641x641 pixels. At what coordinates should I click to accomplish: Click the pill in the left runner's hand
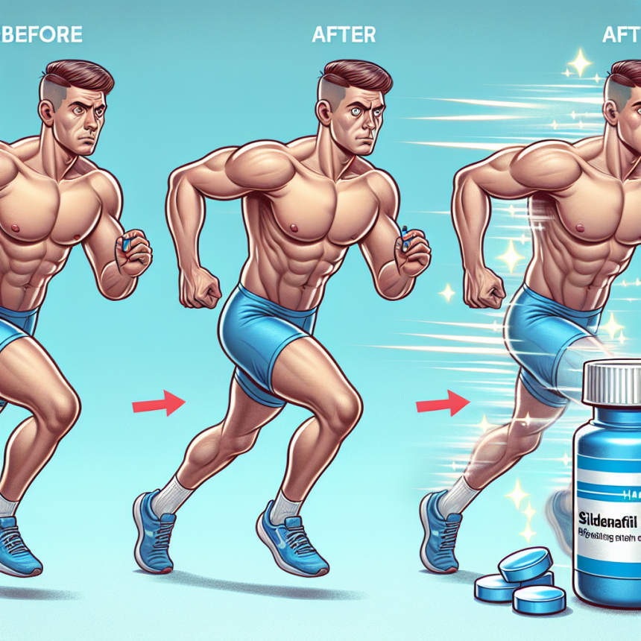[126, 244]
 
